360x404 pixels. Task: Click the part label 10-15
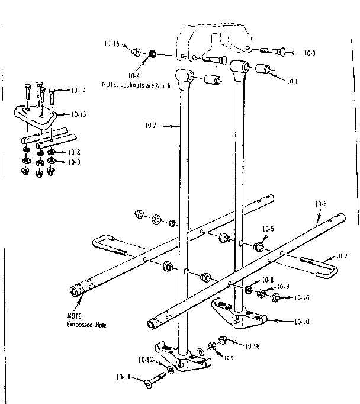pos(112,44)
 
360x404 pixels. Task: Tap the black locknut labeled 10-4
pos(152,54)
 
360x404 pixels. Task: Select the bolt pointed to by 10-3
pos(272,52)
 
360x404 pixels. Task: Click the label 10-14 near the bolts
pos(78,90)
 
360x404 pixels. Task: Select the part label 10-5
pos(268,228)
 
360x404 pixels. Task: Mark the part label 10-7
pos(342,256)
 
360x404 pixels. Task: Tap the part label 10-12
pos(146,360)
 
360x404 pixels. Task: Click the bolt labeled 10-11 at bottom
pos(156,378)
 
